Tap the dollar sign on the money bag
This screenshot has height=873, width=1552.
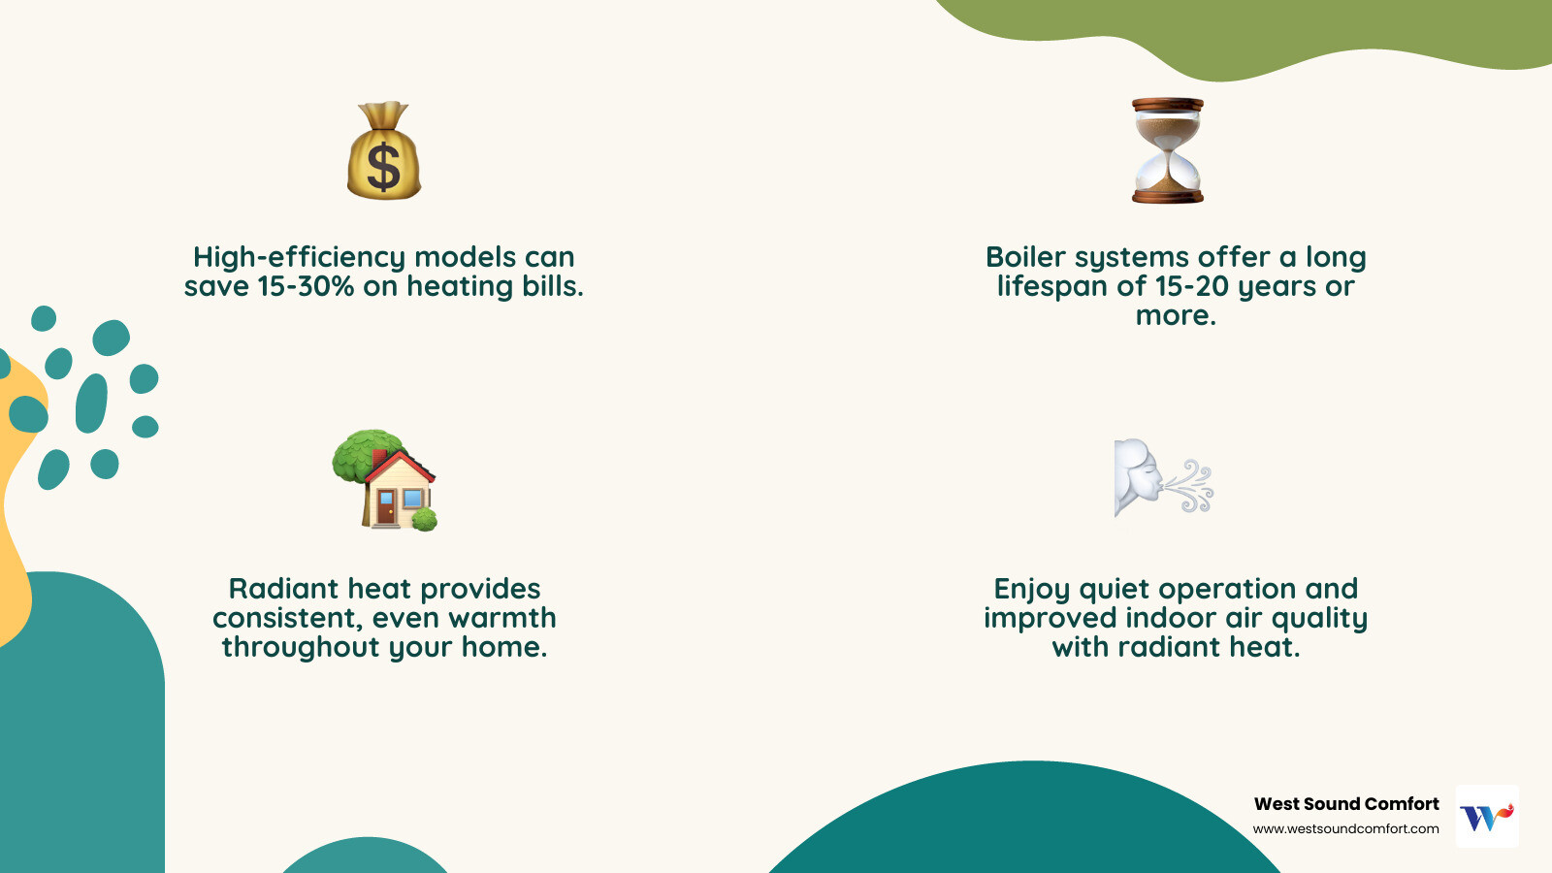pyautogui.click(x=384, y=166)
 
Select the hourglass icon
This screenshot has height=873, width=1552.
pyautogui.click(x=1168, y=150)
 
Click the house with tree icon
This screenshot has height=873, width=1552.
pyautogui.click(x=385, y=480)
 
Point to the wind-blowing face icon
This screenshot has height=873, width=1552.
pyautogui.click(x=1163, y=477)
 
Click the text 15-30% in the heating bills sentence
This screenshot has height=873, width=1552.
pyautogui.click(x=306, y=287)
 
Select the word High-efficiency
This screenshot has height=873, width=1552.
pyautogui.click(x=299, y=258)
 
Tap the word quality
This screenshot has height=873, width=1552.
pyautogui.click(x=1319, y=619)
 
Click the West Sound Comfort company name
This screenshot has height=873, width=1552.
pyautogui.click(x=1346, y=804)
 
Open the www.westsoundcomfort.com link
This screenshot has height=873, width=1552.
pyautogui.click(x=1345, y=829)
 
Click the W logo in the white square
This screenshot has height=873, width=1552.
pyautogui.click(x=1487, y=817)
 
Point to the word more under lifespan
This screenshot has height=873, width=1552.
pyautogui.click(x=1175, y=316)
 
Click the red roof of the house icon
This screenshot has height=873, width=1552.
pyautogui.click(x=407, y=461)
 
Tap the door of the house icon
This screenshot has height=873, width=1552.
pyautogui.click(x=386, y=507)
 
